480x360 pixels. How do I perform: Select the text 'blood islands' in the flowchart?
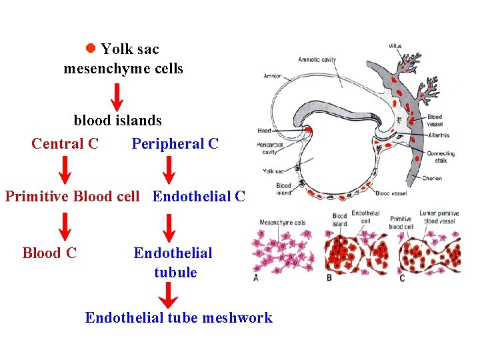point(117,121)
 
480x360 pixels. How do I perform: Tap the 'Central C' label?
point(65,143)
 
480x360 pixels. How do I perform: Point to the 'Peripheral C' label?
point(175,143)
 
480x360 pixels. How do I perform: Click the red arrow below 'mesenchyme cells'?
point(117,97)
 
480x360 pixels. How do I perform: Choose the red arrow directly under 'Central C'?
point(65,170)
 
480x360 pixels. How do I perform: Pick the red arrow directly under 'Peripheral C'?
point(169,170)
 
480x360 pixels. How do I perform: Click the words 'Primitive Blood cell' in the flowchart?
point(73,197)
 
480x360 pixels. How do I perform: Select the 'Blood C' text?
point(49,253)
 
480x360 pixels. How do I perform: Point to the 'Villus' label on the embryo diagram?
point(395,46)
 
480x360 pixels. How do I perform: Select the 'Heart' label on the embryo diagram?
point(263,130)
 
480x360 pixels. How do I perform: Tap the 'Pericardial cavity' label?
point(269,148)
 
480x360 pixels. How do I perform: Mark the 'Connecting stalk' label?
point(441,157)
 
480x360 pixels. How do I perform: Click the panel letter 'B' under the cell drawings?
point(329,277)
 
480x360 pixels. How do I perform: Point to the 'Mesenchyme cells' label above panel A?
point(282,223)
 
